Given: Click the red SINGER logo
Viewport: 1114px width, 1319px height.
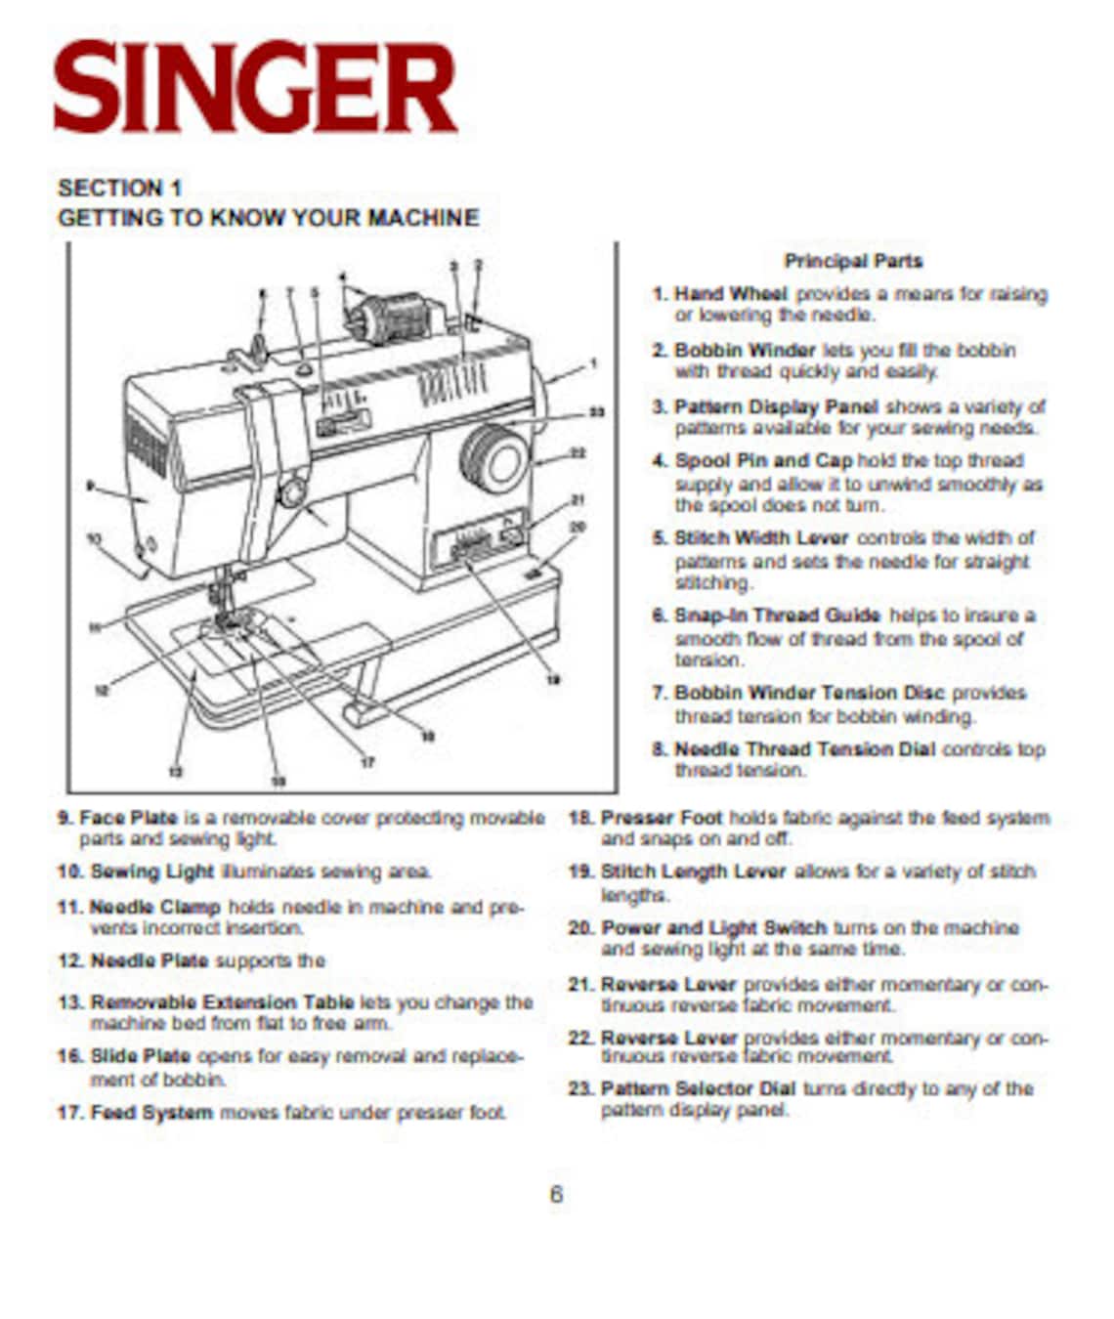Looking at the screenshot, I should [x=255, y=88].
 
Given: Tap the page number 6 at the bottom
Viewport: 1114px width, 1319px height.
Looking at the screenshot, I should [x=556, y=1194].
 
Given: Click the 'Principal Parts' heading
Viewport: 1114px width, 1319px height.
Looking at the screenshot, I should [x=852, y=261].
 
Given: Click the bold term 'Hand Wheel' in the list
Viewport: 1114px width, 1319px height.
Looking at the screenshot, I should [x=730, y=294].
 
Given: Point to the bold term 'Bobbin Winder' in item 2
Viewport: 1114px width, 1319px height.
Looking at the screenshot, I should [x=744, y=350].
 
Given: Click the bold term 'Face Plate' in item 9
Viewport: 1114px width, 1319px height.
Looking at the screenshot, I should [x=128, y=818].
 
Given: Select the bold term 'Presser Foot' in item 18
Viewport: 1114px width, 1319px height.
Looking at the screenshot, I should [x=661, y=818].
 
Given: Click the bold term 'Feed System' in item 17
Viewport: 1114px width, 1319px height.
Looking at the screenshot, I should [x=150, y=1113].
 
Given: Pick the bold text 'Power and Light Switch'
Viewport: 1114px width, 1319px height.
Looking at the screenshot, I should [x=713, y=927].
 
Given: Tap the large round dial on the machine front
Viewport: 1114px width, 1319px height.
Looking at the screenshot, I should [x=494, y=458].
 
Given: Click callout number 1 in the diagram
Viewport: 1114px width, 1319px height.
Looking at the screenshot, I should [x=593, y=364].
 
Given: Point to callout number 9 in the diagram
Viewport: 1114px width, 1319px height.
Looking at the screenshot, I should [x=90, y=485].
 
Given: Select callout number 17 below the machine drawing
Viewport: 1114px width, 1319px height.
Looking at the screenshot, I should [x=367, y=762].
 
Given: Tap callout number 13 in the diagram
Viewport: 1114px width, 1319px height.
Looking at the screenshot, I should [x=175, y=772].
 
